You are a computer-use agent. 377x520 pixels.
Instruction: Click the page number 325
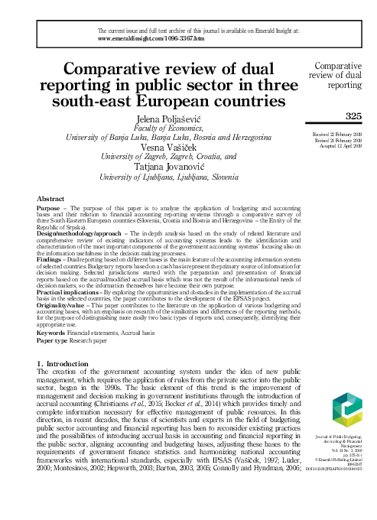pos(353,116)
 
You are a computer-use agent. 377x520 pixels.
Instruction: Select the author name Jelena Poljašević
pos(171,119)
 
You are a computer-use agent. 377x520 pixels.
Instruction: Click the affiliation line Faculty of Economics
pos(171,128)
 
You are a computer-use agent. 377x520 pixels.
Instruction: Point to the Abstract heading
pos(51,197)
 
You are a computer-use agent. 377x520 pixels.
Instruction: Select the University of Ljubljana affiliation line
pos(171,178)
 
